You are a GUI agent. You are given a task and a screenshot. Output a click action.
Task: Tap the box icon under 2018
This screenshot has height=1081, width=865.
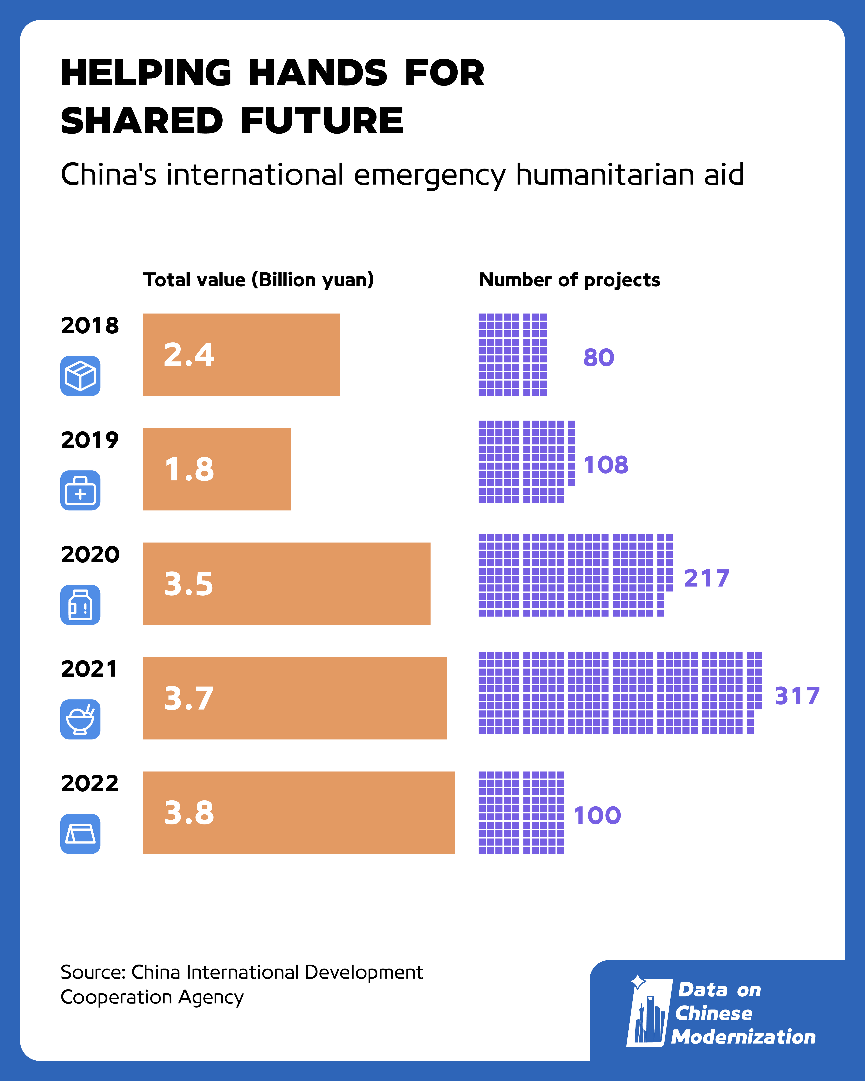coord(80,376)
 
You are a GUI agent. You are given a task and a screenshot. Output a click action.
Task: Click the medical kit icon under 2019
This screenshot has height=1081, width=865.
coord(80,490)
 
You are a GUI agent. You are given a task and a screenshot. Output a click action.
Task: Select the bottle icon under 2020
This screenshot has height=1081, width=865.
coord(80,605)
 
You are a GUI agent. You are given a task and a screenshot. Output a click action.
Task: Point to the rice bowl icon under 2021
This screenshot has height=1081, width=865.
coord(80,719)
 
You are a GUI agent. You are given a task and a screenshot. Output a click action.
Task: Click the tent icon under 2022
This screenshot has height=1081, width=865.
coord(80,833)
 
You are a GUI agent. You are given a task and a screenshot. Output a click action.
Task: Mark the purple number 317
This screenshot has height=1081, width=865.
coord(797,696)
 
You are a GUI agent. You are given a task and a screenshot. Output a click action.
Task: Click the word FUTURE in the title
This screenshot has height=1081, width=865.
coord(322,121)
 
